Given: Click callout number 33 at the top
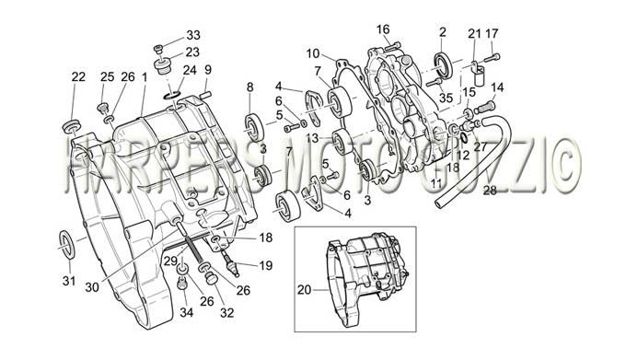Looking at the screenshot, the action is (193, 35).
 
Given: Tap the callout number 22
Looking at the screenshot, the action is (78, 77).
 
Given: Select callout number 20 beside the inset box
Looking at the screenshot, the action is (304, 290).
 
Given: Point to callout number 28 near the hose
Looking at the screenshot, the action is (490, 191).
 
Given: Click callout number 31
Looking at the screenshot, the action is (69, 281).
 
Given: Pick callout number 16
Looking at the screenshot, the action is (383, 29).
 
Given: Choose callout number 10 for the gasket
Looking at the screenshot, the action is (313, 53).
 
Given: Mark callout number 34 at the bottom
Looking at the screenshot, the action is (187, 312).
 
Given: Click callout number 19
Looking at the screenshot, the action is (266, 265).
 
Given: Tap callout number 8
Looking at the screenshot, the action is (249, 87).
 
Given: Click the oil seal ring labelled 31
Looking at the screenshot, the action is (66, 244).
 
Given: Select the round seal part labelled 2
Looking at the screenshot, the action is (444, 64).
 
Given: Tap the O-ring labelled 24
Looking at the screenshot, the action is (172, 96).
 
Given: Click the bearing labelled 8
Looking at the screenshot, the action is (254, 127).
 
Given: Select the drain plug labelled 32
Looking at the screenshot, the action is (211, 279).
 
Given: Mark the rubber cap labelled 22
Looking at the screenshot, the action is (72, 126).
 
